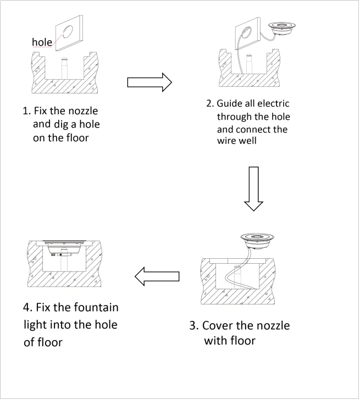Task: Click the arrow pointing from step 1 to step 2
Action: [149, 82]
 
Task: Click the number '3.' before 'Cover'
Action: [193, 325]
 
